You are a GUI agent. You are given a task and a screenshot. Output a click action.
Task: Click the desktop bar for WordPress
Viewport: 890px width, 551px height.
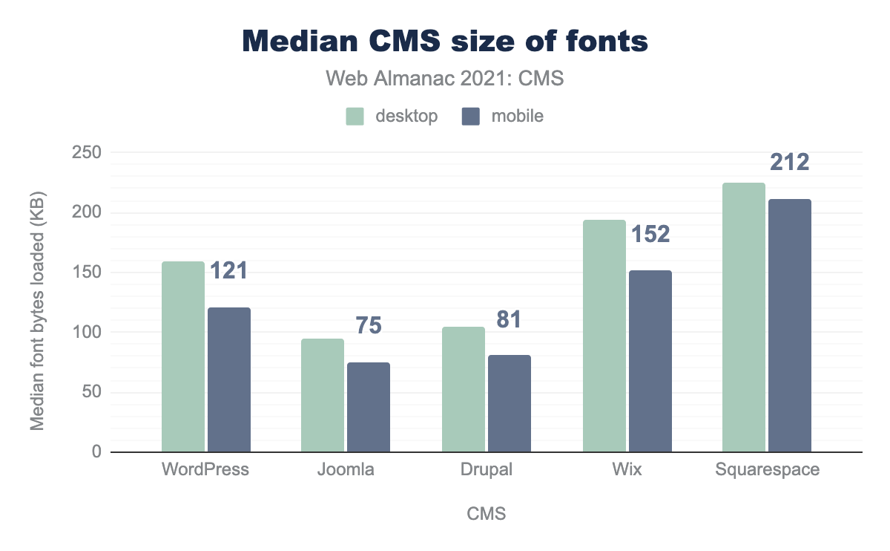point(183,356)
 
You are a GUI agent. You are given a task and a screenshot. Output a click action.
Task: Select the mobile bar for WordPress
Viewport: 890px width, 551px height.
point(229,379)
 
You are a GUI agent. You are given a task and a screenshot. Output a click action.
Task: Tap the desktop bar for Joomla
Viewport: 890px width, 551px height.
point(323,395)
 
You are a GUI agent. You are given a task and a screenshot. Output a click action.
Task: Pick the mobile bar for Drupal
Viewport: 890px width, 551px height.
point(510,403)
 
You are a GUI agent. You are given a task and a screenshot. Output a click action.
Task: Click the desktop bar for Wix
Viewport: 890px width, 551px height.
point(604,336)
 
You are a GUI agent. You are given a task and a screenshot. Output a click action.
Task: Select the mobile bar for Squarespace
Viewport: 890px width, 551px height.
point(790,325)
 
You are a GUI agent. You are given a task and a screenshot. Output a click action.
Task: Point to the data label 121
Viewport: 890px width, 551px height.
point(228,271)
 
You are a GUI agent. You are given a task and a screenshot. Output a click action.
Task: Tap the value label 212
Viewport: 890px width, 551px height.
point(789,162)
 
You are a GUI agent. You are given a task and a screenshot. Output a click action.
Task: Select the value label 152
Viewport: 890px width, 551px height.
point(650,235)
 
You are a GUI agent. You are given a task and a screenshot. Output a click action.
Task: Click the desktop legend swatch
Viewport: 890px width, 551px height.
point(355,116)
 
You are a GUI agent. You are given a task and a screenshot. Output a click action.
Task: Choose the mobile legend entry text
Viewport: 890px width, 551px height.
point(517,116)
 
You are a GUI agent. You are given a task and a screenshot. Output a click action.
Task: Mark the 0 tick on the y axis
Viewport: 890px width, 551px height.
point(96,452)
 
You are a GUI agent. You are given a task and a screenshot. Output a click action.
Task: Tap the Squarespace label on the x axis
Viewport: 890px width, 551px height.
point(768,470)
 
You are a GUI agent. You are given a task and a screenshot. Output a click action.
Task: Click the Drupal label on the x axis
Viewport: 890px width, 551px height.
point(487,470)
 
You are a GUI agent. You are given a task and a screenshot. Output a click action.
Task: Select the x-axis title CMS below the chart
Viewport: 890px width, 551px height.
point(487,514)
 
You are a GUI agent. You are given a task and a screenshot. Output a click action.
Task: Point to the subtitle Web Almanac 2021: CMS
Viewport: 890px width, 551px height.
point(445,79)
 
